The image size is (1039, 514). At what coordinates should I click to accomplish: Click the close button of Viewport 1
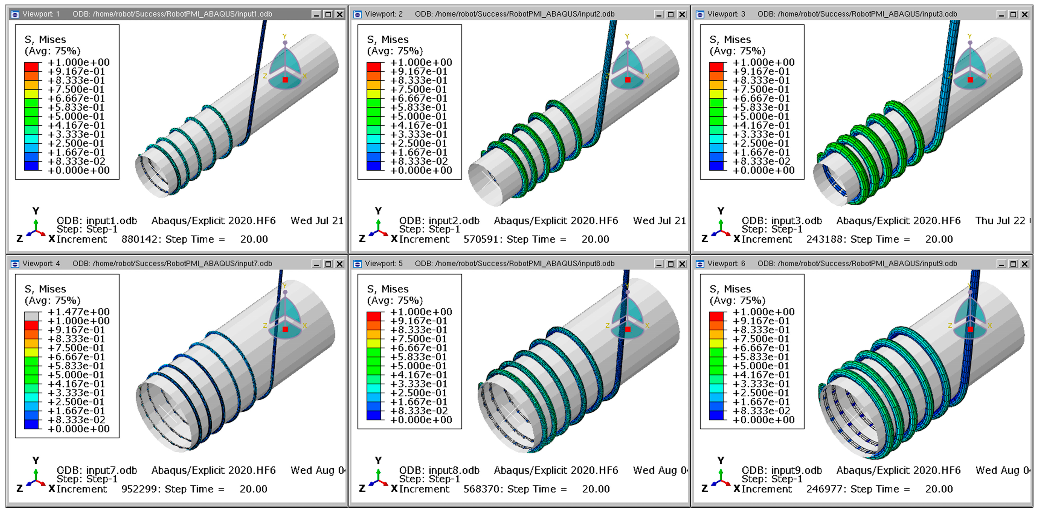coord(339,14)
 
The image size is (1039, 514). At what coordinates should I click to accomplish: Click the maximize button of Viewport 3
coord(1013,14)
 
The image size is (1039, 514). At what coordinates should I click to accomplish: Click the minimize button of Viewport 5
coord(659,264)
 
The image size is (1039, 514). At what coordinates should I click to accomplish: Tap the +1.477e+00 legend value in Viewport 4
coord(79,312)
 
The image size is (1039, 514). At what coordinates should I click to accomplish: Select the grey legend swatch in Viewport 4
coord(31,316)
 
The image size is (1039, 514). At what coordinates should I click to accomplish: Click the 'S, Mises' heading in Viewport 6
coord(730,289)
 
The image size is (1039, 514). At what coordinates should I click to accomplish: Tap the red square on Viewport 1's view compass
coord(285,80)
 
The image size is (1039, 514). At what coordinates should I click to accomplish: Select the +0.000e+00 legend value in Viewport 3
coord(764,170)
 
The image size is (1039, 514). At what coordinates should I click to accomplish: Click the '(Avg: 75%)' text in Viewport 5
coord(395,301)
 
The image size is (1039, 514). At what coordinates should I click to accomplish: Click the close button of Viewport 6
coord(1025,264)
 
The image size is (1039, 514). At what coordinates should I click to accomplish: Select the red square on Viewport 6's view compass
coord(970,330)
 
